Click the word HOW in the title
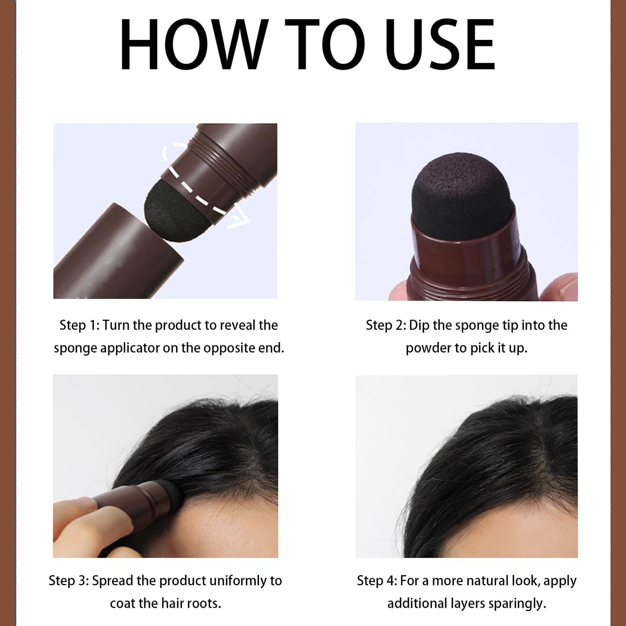tap(194, 44)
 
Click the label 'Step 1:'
tap(79, 325)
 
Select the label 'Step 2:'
tap(386, 325)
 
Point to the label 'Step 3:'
tap(69, 581)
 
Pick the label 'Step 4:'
tap(377, 581)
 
